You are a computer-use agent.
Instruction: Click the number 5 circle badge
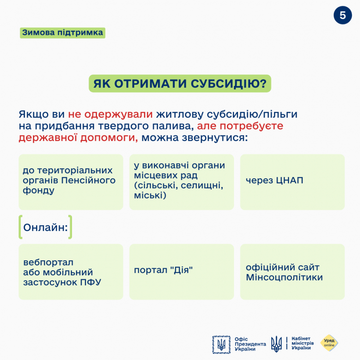pos(342,15)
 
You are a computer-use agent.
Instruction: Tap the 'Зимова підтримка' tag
pos(62,33)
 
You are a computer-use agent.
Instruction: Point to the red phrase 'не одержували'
pos(110,115)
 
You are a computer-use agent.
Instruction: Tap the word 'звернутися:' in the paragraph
pos(222,138)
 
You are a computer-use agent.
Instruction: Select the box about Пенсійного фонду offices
pos(71,182)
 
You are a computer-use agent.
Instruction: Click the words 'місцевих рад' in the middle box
pos(166,175)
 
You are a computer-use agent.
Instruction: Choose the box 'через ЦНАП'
pos(292,182)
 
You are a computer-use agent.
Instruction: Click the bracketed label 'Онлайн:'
pos(45,227)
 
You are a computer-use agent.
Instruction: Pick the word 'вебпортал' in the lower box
pos(48,263)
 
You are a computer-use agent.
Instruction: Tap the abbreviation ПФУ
pos(91,282)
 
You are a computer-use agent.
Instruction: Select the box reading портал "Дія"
pos(181,272)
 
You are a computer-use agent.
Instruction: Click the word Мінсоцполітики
pos(284,277)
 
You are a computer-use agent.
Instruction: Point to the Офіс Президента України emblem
pos(222,344)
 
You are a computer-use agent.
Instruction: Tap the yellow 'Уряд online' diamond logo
pos(329,343)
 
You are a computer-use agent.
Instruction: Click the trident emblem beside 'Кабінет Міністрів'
pos(277,344)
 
